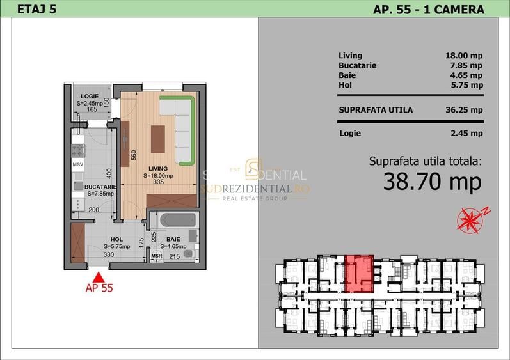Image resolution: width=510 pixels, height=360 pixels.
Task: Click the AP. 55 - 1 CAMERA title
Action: [428, 9]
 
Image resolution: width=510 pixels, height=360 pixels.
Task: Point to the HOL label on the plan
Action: [116, 239]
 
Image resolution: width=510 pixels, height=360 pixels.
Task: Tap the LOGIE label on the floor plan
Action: [90, 96]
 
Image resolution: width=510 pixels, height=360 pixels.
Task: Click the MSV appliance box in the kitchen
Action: [77, 165]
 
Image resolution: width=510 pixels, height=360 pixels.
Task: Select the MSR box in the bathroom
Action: [156, 256]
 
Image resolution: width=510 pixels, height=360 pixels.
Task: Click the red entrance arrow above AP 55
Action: [99, 277]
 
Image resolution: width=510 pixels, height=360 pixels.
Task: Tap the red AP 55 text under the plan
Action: [99, 288]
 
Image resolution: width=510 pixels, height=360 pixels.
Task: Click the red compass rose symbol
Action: [470, 219]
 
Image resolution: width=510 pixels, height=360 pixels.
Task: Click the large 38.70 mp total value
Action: [432, 182]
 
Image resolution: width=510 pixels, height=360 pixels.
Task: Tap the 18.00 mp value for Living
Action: [463, 56]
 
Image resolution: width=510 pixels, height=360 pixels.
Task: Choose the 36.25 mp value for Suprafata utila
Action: [463, 109]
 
